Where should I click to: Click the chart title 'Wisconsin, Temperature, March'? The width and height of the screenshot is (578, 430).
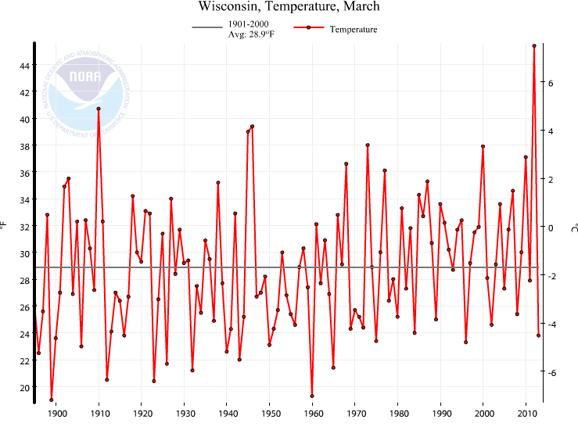point(289,7)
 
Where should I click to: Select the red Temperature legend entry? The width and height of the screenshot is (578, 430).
point(336,30)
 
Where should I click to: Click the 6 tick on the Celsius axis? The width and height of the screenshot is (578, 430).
point(551,82)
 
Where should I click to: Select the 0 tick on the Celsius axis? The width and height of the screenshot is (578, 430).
point(551,228)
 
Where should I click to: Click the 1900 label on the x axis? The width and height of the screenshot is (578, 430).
point(56,414)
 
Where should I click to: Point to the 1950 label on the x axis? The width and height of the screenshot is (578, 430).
point(271,414)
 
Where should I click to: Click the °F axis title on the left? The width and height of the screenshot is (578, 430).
point(5,227)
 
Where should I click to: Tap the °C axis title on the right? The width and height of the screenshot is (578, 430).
point(573,228)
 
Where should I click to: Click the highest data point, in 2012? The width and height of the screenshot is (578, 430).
point(534,46)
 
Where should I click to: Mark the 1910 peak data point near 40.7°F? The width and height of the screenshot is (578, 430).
point(99,109)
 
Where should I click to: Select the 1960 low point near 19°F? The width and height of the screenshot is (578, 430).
point(312,396)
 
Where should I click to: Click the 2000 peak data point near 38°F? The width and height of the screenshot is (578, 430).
point(483,146)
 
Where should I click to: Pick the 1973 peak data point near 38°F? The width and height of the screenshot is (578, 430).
point(368,145)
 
